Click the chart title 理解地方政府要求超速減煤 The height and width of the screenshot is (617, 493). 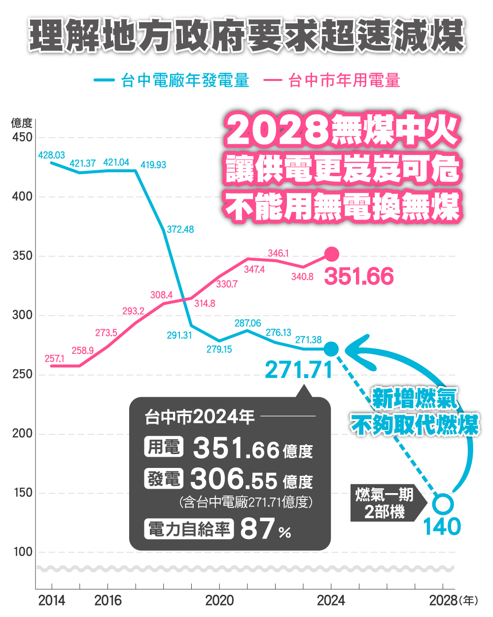[246, 36]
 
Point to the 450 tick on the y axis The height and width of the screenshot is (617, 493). [22, 137]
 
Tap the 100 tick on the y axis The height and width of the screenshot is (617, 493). [22, 552]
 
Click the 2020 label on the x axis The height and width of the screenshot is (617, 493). [219, 601]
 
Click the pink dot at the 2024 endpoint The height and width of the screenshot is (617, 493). [332, 254]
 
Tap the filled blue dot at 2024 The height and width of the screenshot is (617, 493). [331, 349]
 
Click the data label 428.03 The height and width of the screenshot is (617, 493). [51, 155]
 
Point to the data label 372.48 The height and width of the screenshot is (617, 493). [180, 230]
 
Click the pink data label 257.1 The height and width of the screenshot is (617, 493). [54, 359]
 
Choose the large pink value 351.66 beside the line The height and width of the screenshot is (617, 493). [359, 276]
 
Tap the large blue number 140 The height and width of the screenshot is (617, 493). [442, 527]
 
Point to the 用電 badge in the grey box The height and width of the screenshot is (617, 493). [164, 447]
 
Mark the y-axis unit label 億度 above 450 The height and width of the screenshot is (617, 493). [22, 123]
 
